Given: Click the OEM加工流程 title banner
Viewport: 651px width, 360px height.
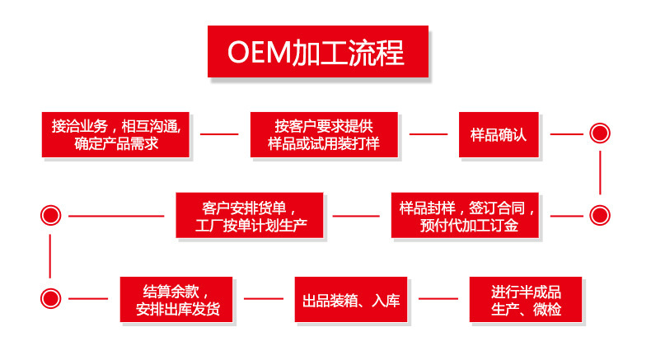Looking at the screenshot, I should (318, 52).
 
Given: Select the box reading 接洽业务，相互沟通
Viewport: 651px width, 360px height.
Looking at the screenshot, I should (115, 133).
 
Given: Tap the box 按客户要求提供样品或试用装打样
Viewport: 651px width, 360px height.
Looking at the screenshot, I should (324, 133).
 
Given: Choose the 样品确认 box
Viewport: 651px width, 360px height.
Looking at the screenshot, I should (498, 133).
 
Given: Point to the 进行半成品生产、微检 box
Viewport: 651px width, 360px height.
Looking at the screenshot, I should (526, 299).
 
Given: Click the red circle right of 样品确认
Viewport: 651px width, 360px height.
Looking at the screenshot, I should (600, 133).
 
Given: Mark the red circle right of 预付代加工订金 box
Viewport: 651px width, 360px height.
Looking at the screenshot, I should (600, 216).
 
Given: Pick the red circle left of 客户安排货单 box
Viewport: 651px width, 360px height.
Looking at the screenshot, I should (51, 216).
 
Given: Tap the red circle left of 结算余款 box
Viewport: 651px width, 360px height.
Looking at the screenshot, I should (51, 299).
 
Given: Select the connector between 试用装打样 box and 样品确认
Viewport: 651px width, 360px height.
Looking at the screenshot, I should (429, 133).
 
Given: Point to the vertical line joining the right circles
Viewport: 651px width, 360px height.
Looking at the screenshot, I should (600, 174).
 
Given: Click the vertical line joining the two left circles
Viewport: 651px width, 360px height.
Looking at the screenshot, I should (51, 257).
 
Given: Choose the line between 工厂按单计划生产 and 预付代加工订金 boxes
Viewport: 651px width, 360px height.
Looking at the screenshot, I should (356, 216).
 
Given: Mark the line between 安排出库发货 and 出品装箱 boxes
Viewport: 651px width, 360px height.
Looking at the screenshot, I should (263, 299).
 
